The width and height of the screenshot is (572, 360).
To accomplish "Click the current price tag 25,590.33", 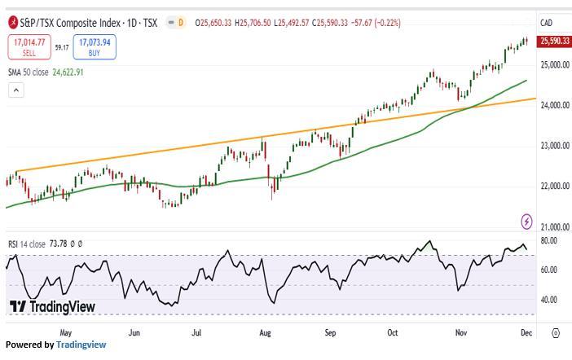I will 554,42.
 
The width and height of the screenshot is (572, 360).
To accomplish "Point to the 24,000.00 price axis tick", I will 555,106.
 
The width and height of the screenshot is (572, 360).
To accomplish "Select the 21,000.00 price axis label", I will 555,227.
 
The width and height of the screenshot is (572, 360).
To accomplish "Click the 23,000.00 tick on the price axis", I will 555,147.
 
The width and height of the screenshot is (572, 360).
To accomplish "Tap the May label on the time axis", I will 66,332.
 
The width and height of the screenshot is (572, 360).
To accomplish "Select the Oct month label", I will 394,332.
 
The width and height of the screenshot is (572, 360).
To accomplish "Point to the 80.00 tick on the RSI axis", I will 548,241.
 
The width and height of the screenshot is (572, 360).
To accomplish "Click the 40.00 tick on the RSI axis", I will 548,300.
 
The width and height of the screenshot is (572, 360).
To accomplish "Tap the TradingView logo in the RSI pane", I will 52,306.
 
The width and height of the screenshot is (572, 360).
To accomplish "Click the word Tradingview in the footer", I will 81,345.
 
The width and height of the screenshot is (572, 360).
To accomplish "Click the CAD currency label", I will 547,23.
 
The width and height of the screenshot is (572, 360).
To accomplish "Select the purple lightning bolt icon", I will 526,221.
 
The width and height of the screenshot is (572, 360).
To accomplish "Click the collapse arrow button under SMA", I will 15,90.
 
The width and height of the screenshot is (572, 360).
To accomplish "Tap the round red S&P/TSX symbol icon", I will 13,22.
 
